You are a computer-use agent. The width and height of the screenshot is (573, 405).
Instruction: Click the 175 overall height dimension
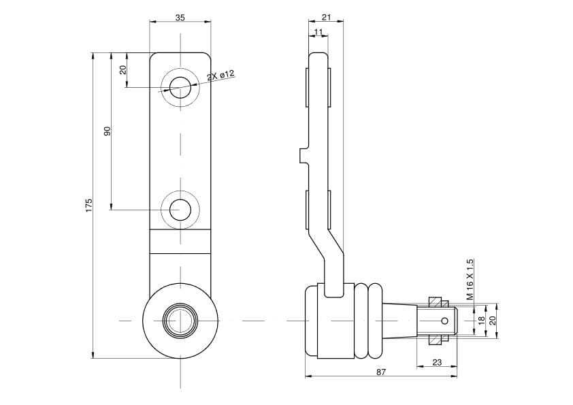point(88,205)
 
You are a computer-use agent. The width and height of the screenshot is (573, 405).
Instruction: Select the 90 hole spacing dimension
point(107,131)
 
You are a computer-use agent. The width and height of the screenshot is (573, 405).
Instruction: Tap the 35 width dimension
point(180,17)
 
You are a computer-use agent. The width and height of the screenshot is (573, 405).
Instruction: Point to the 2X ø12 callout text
point(220,76)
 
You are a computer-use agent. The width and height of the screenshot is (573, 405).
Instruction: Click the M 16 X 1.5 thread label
point(470,279)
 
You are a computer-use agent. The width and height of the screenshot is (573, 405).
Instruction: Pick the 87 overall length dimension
point(381,372)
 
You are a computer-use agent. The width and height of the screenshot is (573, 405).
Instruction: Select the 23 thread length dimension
point(437,362)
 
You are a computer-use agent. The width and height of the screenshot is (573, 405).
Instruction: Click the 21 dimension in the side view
point(327,17)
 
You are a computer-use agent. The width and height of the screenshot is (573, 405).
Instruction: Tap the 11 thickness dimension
point(318,32)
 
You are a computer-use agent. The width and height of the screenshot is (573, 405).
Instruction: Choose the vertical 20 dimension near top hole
point(123,69)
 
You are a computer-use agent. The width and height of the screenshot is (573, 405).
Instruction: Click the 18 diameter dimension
point(481,321)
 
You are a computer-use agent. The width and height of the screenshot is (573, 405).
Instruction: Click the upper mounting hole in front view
point(180,88)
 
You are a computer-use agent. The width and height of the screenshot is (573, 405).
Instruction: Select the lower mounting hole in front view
point(180,210)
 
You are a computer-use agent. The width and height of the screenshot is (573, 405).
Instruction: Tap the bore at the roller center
point(180,321)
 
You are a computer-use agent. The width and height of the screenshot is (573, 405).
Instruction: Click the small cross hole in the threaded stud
point(444,321)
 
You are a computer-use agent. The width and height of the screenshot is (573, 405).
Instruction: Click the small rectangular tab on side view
point(304,156)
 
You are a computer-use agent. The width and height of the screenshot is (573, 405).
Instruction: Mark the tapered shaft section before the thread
point(399,321)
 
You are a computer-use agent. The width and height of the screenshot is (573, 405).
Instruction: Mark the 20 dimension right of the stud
point(492,321)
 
